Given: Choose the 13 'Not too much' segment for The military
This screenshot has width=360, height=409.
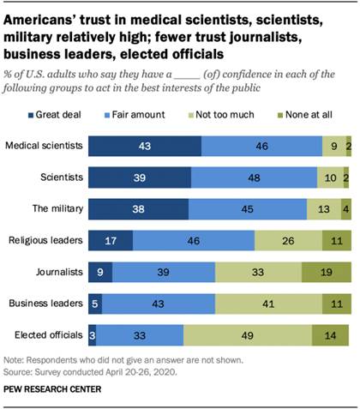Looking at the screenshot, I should (323, 208).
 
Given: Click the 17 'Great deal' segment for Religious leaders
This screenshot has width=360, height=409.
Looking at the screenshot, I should (111, 240).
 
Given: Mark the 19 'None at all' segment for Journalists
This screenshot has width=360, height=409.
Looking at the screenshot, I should (327, 272).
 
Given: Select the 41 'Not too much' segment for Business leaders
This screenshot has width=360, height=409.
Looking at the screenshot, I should (270, 304).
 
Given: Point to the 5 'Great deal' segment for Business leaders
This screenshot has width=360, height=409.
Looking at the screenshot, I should (96, 304).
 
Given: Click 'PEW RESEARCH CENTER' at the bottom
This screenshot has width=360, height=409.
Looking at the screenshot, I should (53, 390).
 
